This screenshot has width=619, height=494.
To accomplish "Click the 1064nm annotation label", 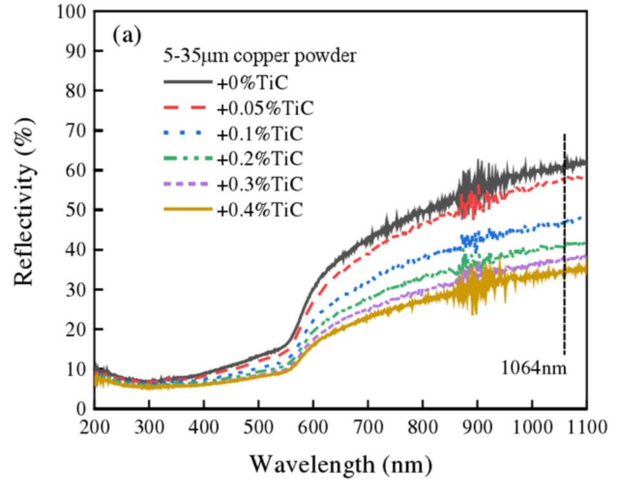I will [533, 370].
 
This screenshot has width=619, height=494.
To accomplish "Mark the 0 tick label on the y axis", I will [82, 409].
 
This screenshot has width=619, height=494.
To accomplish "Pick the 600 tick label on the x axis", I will [313, 426].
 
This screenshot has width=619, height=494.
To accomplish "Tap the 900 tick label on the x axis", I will [477, 426].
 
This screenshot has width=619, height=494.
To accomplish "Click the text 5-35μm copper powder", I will [259, 57].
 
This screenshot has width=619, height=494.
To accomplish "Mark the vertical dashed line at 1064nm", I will [565, 245].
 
